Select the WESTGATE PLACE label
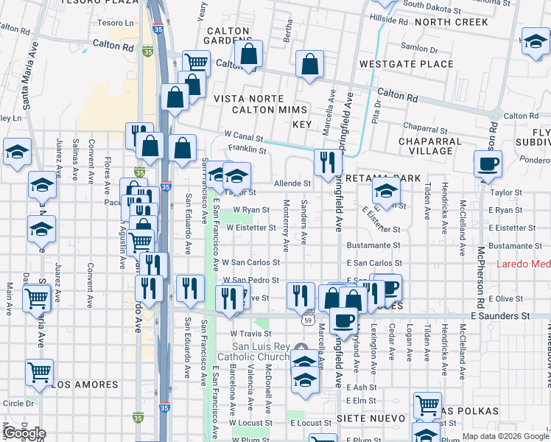(406, 65)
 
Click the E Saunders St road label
(500, 315)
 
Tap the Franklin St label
(247, 150)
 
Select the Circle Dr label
(18, 404)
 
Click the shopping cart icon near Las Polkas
(427, 405)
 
